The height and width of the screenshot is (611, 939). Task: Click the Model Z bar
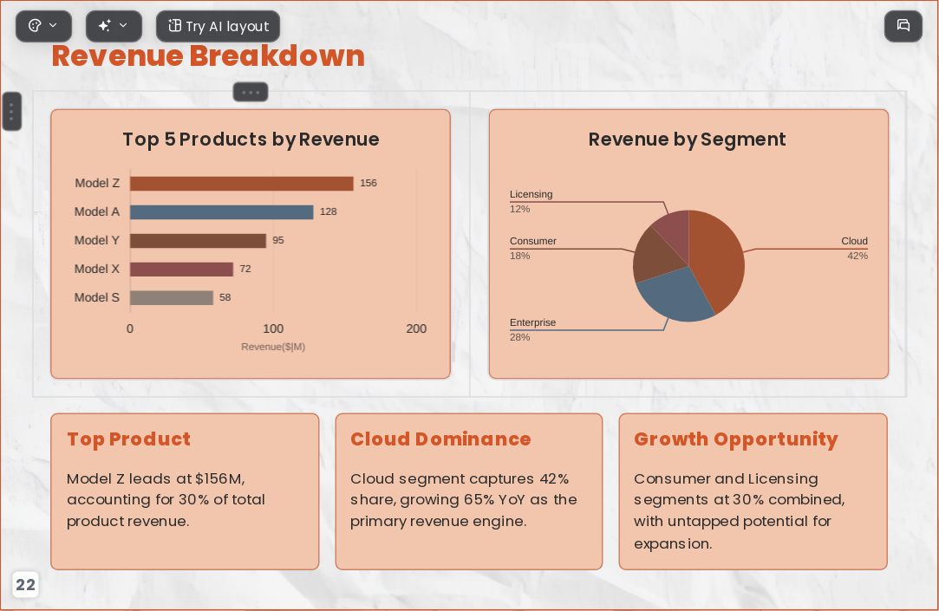click(241, 183)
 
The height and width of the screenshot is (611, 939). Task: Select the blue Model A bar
click(222, 211)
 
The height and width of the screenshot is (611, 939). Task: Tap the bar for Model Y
click(198, 241)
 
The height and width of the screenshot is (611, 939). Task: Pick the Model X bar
click(181, 270)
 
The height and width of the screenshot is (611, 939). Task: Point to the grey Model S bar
click(172, 297)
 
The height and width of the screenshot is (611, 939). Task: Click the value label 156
click(368, 183)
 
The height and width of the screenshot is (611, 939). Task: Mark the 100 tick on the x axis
click(273, 328)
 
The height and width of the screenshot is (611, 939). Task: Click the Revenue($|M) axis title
click(273, 347)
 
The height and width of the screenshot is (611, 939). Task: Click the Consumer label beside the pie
click(533, 241)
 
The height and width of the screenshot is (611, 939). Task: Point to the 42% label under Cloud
click(857, 257)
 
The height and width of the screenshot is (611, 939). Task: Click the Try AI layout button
click(218, 26)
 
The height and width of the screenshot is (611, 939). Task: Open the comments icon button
click(903, 26)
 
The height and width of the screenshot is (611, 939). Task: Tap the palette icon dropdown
click(43, 26)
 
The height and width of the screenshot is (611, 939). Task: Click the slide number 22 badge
click(25, 585)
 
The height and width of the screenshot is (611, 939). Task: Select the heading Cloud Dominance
click(440, 439)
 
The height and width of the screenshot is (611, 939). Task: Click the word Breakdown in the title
click(277, 56)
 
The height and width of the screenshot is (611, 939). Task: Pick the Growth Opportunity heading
click(736, 440)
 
